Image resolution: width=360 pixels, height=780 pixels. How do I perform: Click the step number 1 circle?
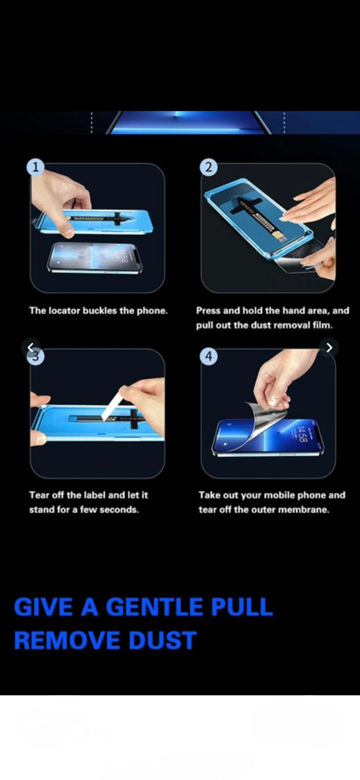tap(35, 167)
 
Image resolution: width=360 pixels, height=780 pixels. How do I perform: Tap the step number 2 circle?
tap(208, 167)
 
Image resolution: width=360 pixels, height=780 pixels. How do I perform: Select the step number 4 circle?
tap(208, 356)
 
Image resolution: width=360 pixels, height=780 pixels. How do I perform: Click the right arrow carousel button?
tap(329, 348)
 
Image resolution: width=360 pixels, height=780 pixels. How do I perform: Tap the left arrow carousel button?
tap(31, 347)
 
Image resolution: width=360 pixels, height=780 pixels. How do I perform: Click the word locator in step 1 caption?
tap(64, 311)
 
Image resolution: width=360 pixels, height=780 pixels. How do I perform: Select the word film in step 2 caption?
tap(323, 325)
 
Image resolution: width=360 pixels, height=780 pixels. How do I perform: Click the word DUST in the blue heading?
tap(162, 640)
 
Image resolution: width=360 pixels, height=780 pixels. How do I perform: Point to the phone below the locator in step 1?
tap(95, 258)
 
